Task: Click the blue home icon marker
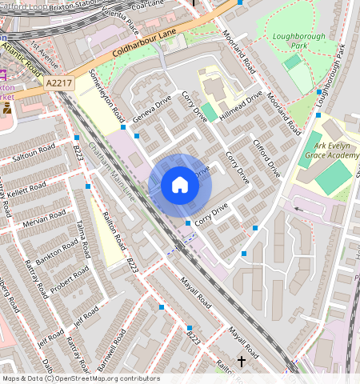[180, 186]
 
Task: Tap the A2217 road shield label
[58, 82]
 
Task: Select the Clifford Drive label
[268, 158]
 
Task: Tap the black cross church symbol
[242, 361]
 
